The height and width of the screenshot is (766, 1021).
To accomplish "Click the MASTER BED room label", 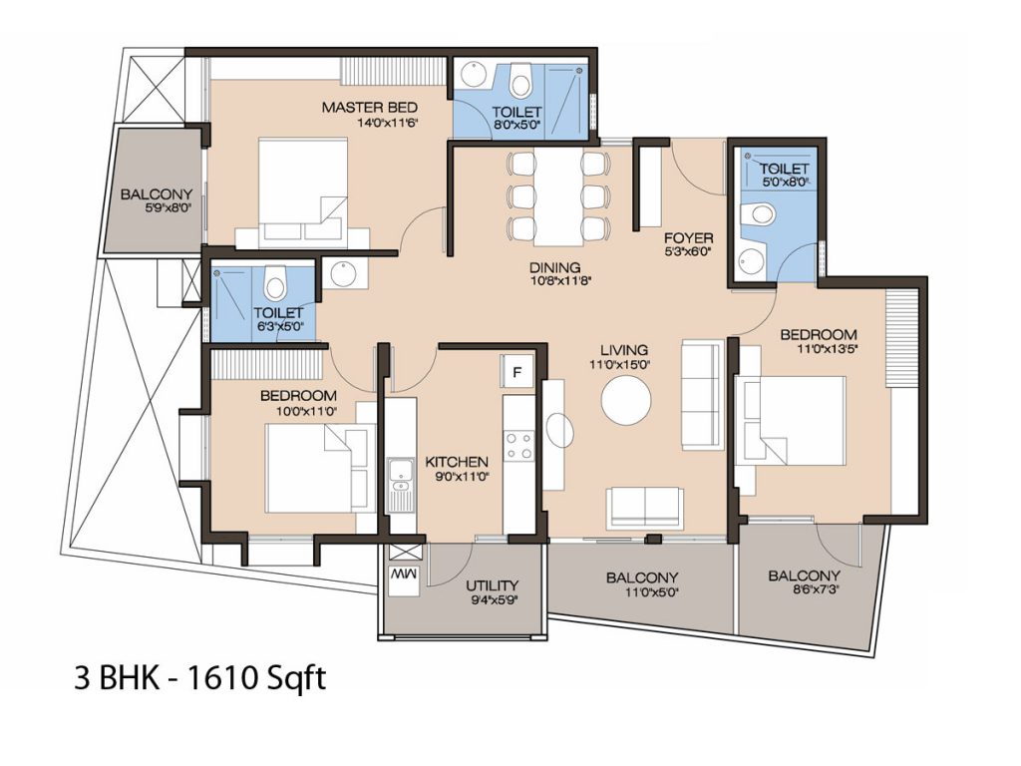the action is pyautogui.click(x=369, y=108).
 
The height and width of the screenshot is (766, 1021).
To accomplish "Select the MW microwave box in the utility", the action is pyautogui.click(x=403, y=575).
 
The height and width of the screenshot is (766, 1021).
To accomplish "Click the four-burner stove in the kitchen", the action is pyautogui.click(x=518, y=445).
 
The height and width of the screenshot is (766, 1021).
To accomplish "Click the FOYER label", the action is pyautogui.click(x=688, y=238).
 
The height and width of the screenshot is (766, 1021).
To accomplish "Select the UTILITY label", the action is pyautogui.click(x=493, y=585).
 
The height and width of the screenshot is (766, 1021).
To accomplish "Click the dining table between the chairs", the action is pyautogui.click(x=558, y=195).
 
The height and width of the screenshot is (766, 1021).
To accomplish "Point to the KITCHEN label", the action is pyautogui.click(x=457, y=462).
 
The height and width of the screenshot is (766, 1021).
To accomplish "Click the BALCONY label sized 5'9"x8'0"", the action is pyautogui.click(x=157, y=194).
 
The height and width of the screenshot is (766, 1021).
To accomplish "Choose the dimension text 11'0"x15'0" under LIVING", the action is pyautogui.click(x=620, y=365).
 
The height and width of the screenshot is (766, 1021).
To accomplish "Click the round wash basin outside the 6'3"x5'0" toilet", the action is pyautogui.click(x=343, y=274).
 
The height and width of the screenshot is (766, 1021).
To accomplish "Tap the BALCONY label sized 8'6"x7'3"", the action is pyautogui.click(x=805, y=575).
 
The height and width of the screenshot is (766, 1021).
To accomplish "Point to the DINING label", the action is pyautogui.click(x=554, y=267).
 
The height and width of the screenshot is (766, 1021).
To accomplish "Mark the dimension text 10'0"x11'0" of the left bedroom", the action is pyautogui.click(x=307, y=411).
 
